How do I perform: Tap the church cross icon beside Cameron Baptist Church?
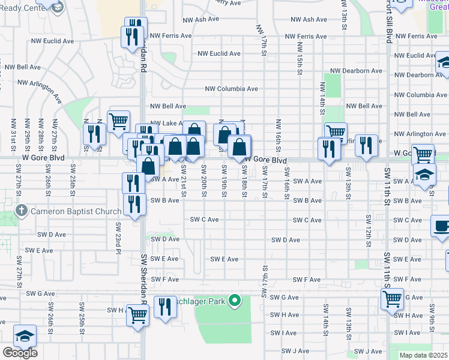click(21, 211)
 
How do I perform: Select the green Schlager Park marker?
click(235, 300)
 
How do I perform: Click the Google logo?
click(20, 353)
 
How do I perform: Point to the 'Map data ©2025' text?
click(423, 355)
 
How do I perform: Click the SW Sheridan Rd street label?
click(144, 275)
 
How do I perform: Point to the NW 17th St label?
click(262, 41)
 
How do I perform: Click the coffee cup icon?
click(442, 227)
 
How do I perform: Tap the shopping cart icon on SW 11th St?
click(392, 298)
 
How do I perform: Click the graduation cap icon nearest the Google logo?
click(25, 335)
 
